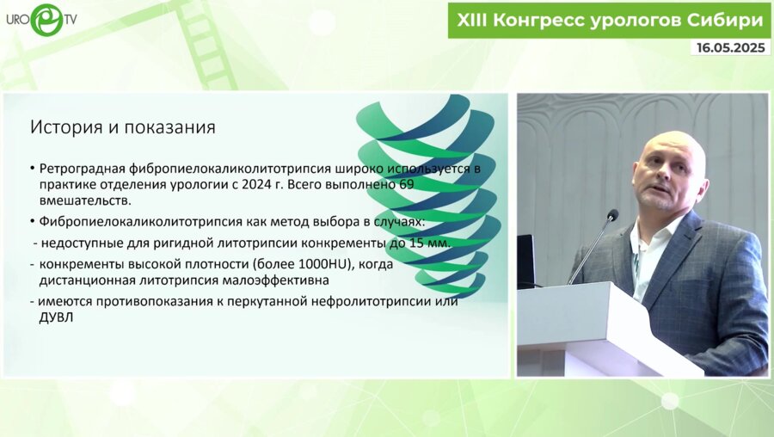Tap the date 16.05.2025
[x=730, y=47]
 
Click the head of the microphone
[x=612, y=214]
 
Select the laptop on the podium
[x=525, y=262]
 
